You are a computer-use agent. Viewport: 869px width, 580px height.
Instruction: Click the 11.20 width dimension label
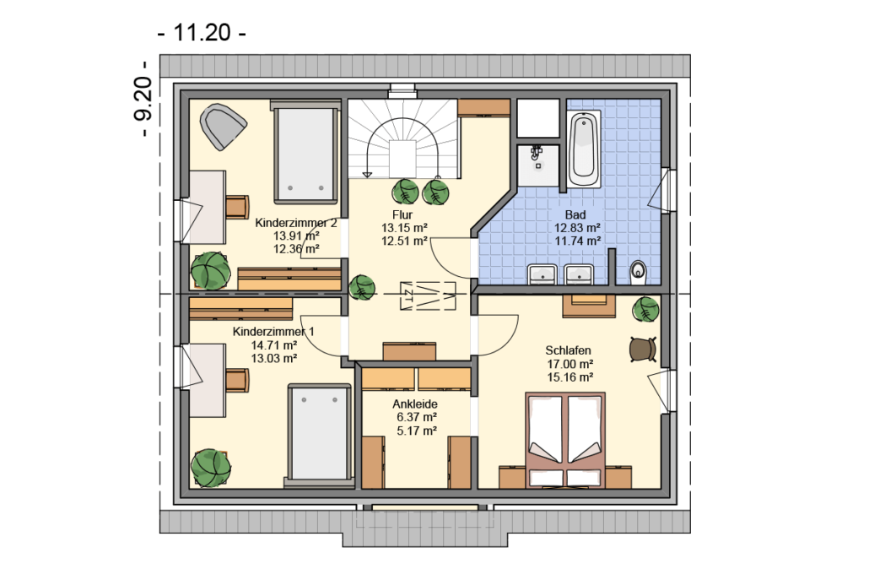pyautogui.click(x=202, y=33)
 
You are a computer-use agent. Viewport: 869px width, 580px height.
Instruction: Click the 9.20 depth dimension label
pyautogui.click(x=143, y=99)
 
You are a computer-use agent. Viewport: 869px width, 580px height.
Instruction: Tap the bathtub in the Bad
pyautogui.click(x=584, y=149)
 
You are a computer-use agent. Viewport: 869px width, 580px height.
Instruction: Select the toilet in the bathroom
pyautogui.click(x=639, y=271)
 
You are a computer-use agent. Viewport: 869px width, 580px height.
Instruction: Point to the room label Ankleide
pyautogui.click(x=415, y=404)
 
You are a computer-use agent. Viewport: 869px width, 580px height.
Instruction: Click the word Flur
pyautogui.click(x=402, y=214)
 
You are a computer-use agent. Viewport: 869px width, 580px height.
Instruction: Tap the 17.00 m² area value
pyautogui.click(x=570, y=365)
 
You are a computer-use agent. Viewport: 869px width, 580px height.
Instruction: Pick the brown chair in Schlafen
pyautogui.click(x=643, y=350)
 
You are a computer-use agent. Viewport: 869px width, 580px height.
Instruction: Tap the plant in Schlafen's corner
pyautogui.click(x=645, y=309)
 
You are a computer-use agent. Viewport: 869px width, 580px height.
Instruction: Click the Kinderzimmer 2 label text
pyautogui.click(x=295, y=223)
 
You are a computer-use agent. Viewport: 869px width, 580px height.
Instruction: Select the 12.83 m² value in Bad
pyautogui.click(x=577, y=228)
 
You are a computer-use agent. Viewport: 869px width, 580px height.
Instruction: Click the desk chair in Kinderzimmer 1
pyautogui.click(x=237, y=381)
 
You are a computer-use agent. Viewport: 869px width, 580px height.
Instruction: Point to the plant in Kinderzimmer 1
pyautogui.click(x=211, y=468)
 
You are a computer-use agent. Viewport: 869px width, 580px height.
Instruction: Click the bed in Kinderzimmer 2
pyautogui.click(x=306, y=152)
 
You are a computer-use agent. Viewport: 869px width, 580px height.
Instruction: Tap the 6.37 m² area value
pyautogui.click(x=416, y=418)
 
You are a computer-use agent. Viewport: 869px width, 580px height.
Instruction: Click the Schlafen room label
pyautogui.click(x=568, y=350)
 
